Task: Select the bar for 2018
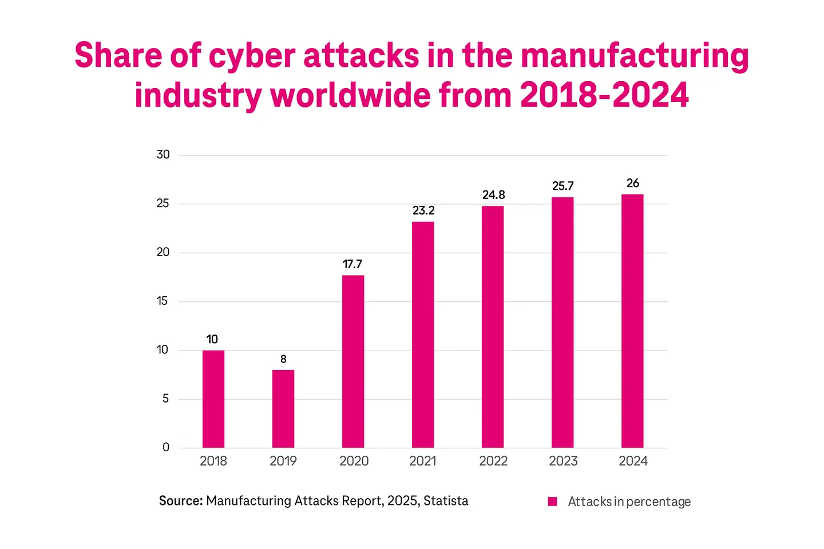(213, 399)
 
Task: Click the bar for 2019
(283, 408)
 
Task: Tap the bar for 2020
(353, 361)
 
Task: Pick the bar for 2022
(493, 327)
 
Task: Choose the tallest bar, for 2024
(632, 321)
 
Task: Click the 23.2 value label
(423, 210)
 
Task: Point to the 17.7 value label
(352, 264)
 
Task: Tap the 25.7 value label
(562, 186)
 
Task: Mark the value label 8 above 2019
(283, 359)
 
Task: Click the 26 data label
(632, 183)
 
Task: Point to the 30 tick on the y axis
(163, 154)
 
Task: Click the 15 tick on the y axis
(163, 301)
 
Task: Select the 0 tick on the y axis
(166, 447)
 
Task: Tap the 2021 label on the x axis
(423, 461)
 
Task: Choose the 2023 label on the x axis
(563, 461)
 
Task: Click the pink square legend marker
(552, 502)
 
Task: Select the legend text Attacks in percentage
(629, 502)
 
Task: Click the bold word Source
(181, 501)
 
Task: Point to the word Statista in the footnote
(446, 501)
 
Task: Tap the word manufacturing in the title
(635, 56)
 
